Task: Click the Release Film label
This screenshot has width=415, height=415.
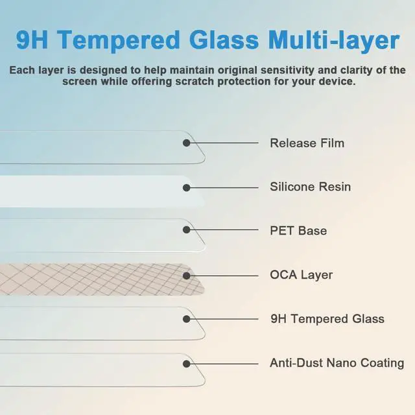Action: click(x=307, y=143)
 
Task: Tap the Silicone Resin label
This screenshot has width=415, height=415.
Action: click(x=310, y=187)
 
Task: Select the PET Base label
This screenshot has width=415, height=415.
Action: click(x=298, y=231)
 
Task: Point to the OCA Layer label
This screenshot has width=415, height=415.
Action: click(x=301, y=275)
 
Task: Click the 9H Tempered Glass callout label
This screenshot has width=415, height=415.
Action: click(x=327, y=318)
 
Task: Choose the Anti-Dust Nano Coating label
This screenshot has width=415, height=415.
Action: click(x=337, y=363)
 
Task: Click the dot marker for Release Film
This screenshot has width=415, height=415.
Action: click(x=187, y=143)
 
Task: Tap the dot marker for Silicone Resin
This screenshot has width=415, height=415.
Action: click(x=187, y=188)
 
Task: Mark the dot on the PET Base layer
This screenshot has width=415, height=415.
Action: click(x=187, y=230)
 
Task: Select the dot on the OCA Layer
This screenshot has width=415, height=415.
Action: click(x=187, y=276)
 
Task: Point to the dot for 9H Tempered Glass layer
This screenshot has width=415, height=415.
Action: click(x=187, y=319)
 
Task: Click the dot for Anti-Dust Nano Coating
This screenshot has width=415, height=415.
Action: click(x=187, y=364)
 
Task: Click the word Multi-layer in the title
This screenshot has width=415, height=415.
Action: click(x=334, y=41)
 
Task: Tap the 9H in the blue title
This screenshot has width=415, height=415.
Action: click(x=32, y=40)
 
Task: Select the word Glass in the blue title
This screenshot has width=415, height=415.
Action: click(x=224, y=40)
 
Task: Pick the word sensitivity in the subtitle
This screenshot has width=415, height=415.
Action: click(x=287, y=70)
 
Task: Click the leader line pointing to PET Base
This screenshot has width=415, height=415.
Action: click(x=224, y=230)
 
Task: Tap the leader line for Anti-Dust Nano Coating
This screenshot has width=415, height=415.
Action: click(x=224, y=364)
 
